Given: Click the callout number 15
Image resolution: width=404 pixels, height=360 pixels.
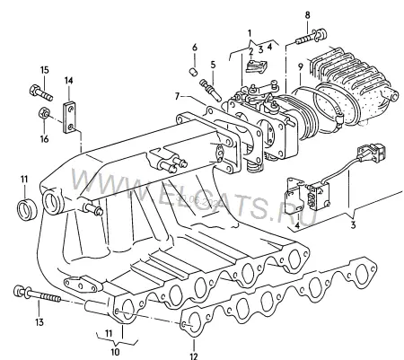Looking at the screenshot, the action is point(44,70).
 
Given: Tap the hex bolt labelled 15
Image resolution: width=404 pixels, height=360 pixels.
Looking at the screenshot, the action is point(41,92).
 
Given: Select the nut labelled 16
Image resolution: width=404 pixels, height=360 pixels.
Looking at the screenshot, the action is point(44,114).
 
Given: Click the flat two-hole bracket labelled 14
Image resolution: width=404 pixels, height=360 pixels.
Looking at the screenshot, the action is point(69,118).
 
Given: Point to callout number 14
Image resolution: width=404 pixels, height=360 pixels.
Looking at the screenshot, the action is point(68,81).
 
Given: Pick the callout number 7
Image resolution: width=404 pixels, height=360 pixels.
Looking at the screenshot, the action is point(177,96).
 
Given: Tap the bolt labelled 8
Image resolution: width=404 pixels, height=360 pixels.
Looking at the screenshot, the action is point(311,37).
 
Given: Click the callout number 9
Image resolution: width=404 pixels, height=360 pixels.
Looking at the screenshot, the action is point(301,66).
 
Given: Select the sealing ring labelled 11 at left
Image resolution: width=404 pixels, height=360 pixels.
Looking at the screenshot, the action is point(28,208).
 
